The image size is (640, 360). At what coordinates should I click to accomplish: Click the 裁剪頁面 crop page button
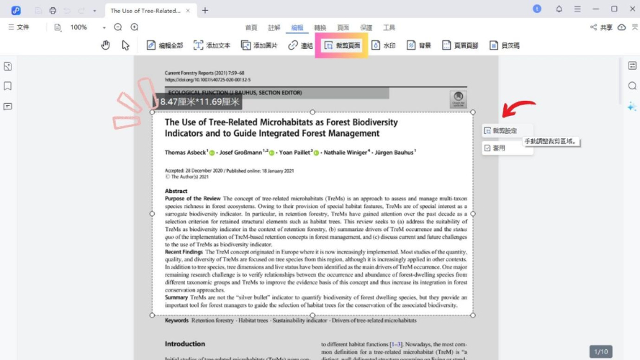343,45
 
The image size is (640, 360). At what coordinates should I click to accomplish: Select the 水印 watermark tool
384,45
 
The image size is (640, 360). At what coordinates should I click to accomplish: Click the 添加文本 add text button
212,45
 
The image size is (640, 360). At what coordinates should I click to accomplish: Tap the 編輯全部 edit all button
165,45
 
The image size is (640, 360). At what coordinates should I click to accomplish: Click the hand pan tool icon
105,45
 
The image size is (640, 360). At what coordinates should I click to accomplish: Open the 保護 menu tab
366,27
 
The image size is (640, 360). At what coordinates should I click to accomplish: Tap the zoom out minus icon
118,27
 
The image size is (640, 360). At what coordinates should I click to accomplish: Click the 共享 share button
601,27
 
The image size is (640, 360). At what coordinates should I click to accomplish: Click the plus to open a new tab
205,10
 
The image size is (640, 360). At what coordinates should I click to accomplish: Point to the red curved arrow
518,109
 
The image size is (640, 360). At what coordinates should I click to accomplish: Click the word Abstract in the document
176,191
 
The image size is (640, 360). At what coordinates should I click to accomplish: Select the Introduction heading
185,344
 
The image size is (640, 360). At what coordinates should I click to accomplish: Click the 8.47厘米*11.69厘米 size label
199,102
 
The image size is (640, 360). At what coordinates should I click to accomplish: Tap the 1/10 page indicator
600,351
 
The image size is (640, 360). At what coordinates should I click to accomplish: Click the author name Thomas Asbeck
185,153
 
